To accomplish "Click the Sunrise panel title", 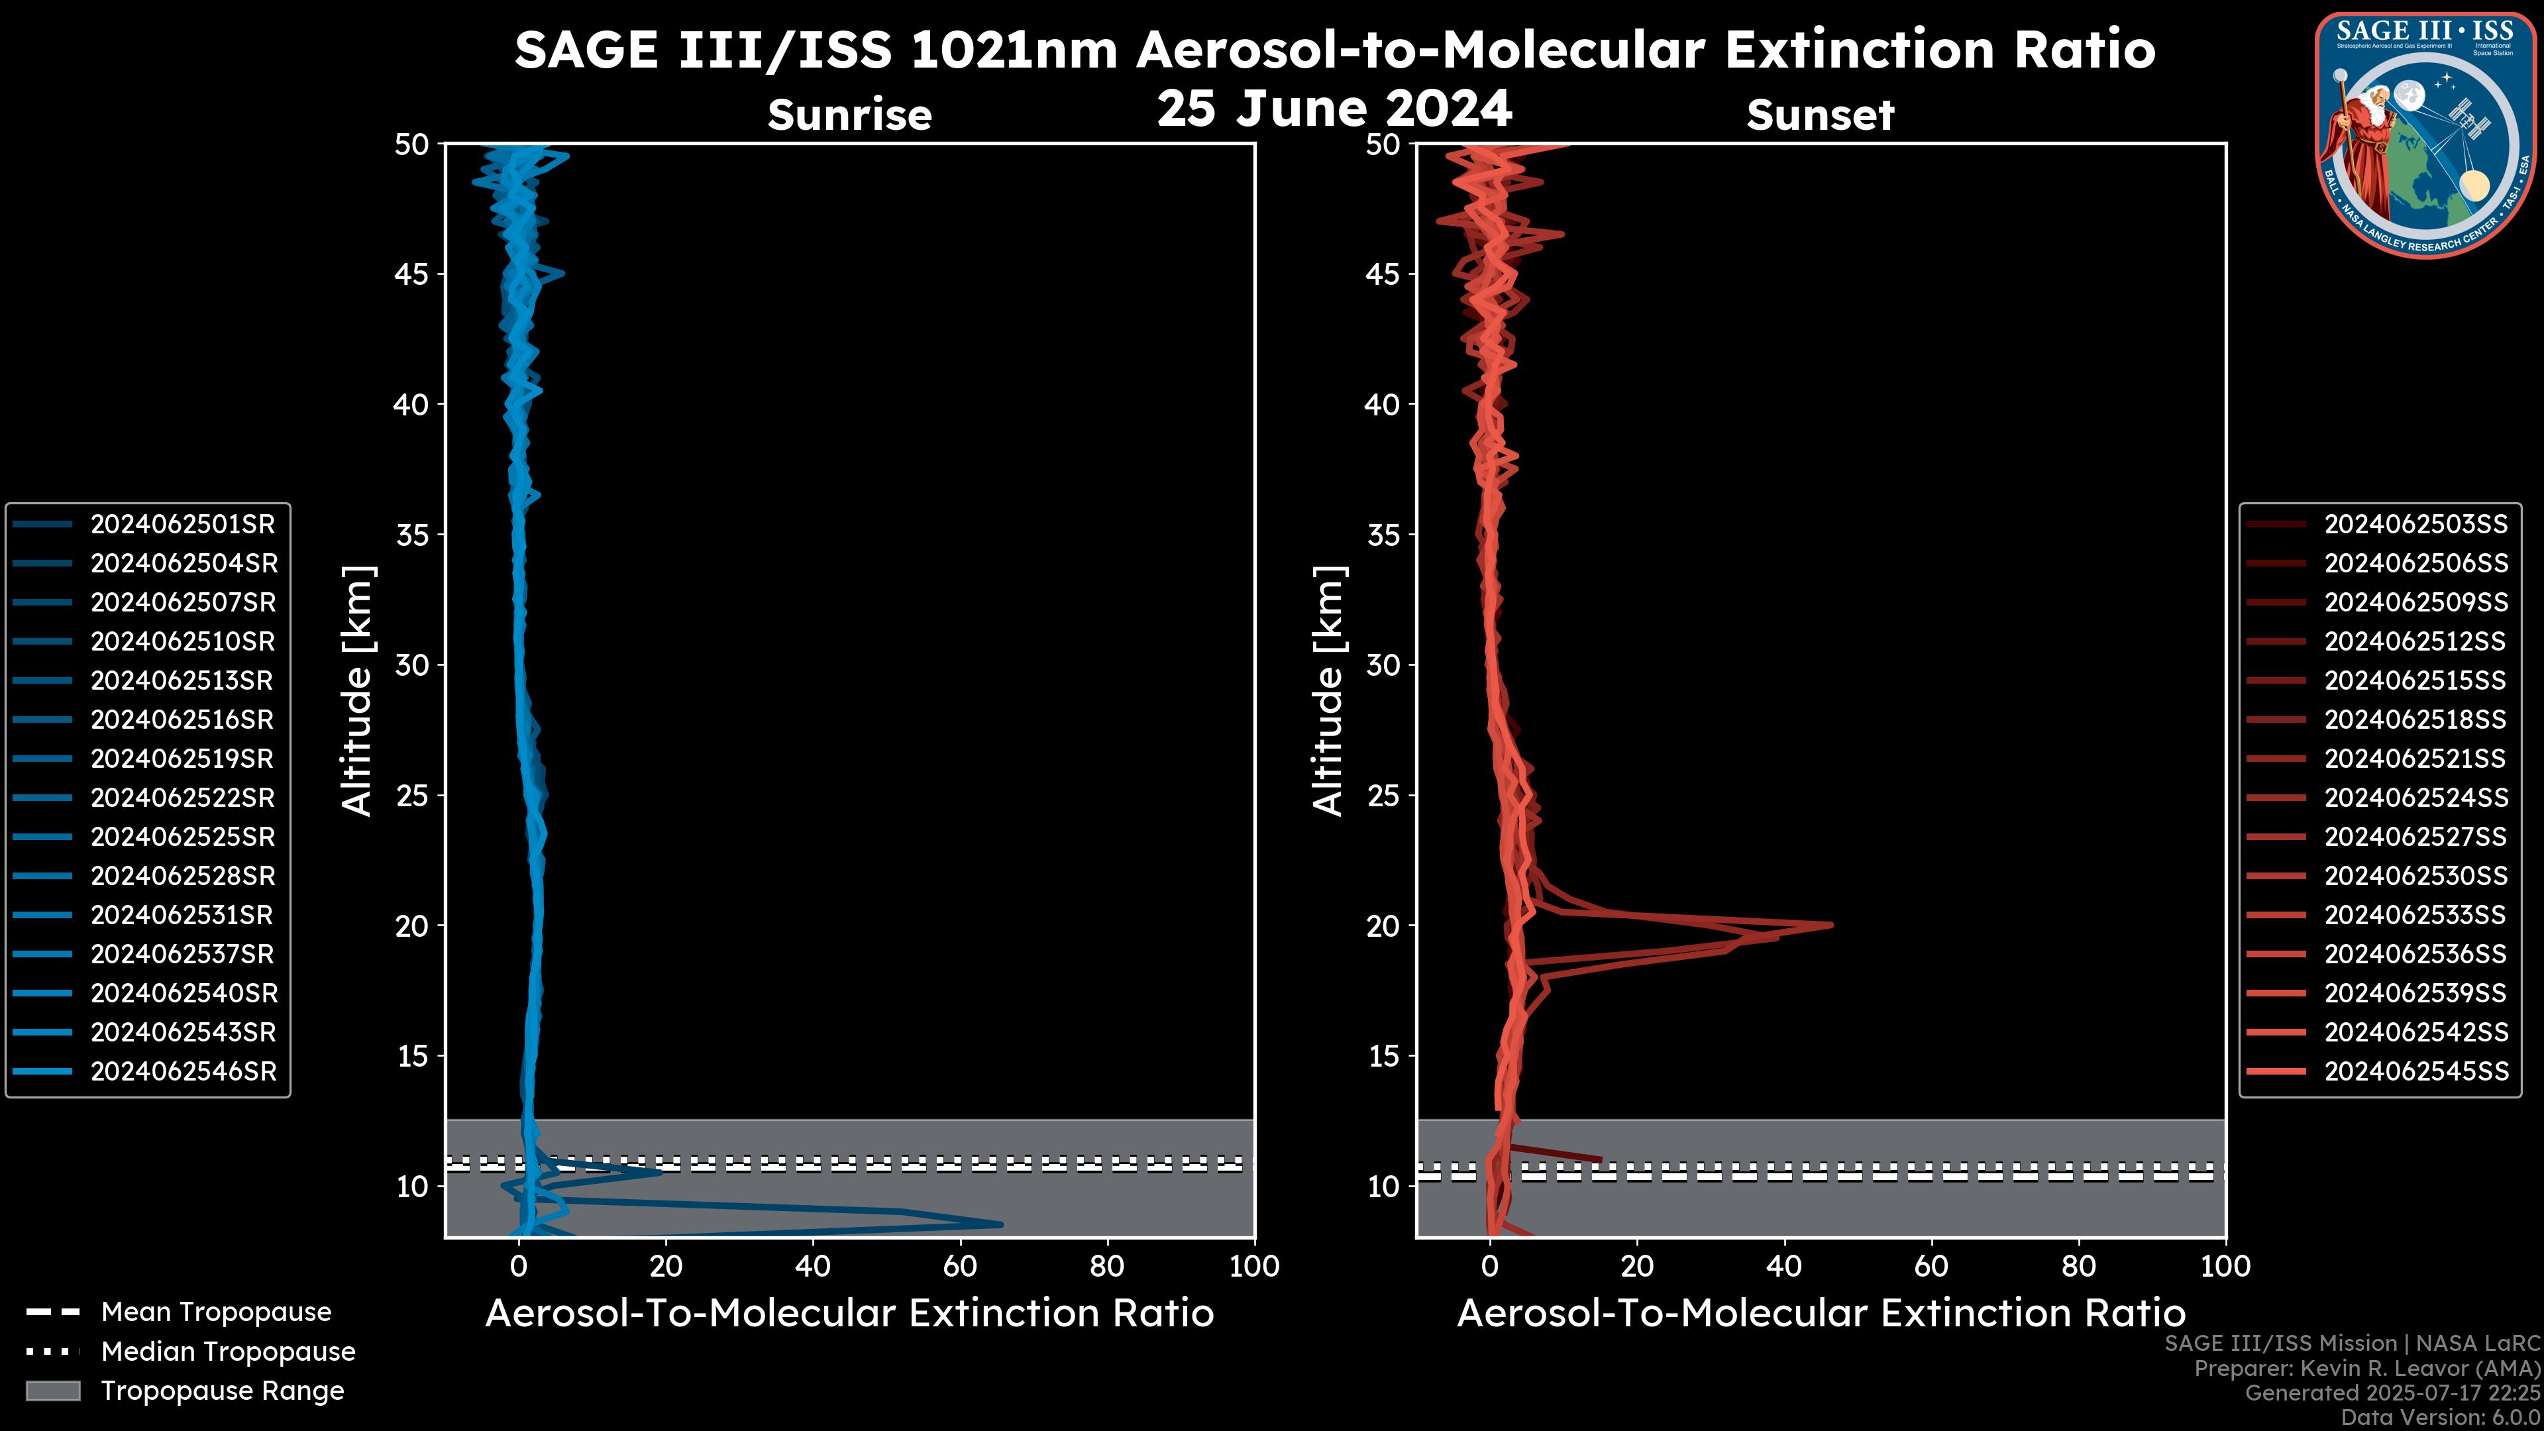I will tap(849, 115).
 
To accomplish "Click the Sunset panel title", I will tap(1820, 115).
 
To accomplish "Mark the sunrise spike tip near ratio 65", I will tap(1000, 1224).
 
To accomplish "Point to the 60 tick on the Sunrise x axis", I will tap(960, 1266).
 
